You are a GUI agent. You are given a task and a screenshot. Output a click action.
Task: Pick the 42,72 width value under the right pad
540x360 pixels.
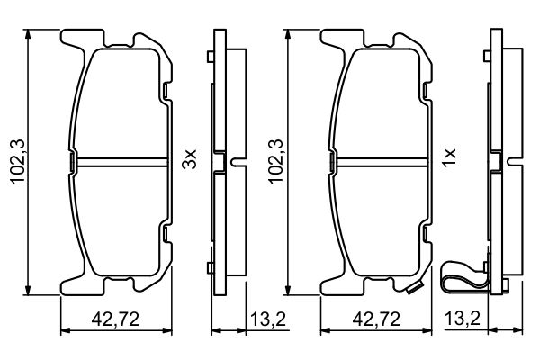pos(375,318)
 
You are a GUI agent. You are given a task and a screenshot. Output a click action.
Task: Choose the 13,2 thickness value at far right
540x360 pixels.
pos(461,318)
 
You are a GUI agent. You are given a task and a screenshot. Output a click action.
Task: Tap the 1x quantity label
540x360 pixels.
pos(451,161)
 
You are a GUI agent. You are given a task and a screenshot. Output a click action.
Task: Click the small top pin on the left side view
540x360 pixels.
pos(210,58)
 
